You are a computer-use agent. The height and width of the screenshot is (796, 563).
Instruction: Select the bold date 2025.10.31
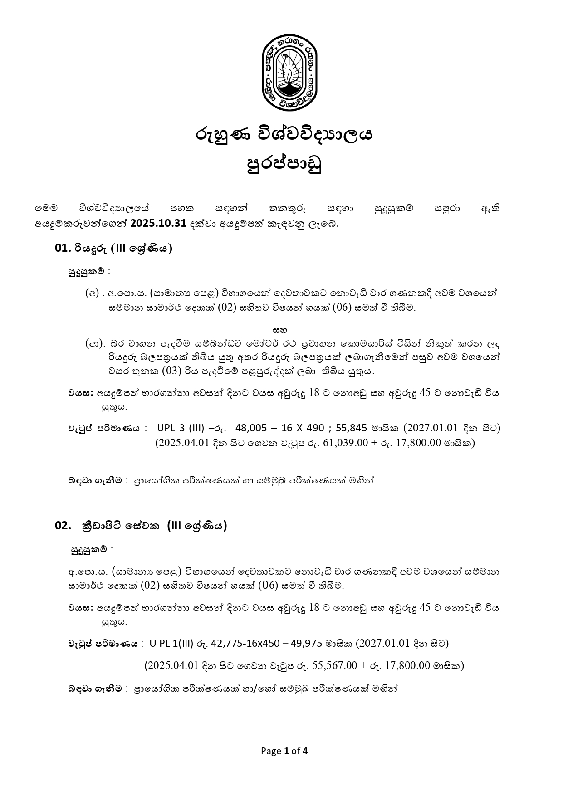tap(158, 224)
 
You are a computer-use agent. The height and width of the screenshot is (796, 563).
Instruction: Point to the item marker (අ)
tap(92, 293)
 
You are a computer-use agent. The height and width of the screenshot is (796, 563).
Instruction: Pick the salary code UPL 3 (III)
tap(178, 428)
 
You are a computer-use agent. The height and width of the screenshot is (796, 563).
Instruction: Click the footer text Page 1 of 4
tap(284, 751)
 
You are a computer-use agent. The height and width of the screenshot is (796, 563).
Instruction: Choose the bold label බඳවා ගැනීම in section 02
tap(95, 688)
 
